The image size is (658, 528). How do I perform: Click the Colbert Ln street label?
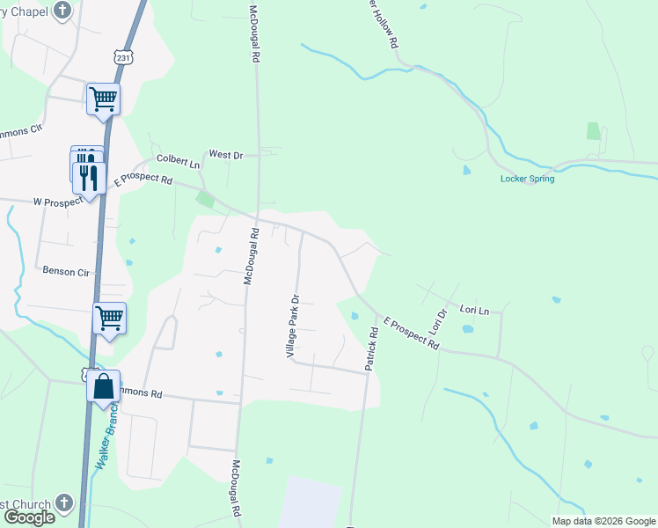[x=179, y=163]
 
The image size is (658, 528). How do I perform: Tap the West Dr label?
[x=224, y=155]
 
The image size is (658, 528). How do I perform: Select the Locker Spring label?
[x=527, y=179]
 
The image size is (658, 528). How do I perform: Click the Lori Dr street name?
[x=437, y=321]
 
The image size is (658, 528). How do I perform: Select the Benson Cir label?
[x=66, y=272]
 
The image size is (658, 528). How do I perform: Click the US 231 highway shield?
[x=123, y=57]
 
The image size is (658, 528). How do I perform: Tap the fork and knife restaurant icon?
[x=89, y=179]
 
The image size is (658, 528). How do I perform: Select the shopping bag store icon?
[x=103, y=387]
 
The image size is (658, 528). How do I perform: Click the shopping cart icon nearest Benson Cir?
[x=110, y=318]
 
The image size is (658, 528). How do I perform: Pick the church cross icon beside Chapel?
[x=62, y=11]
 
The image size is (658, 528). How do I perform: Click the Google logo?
[x=29, y=517]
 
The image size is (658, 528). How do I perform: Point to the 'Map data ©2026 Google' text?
[x=603, y=521]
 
